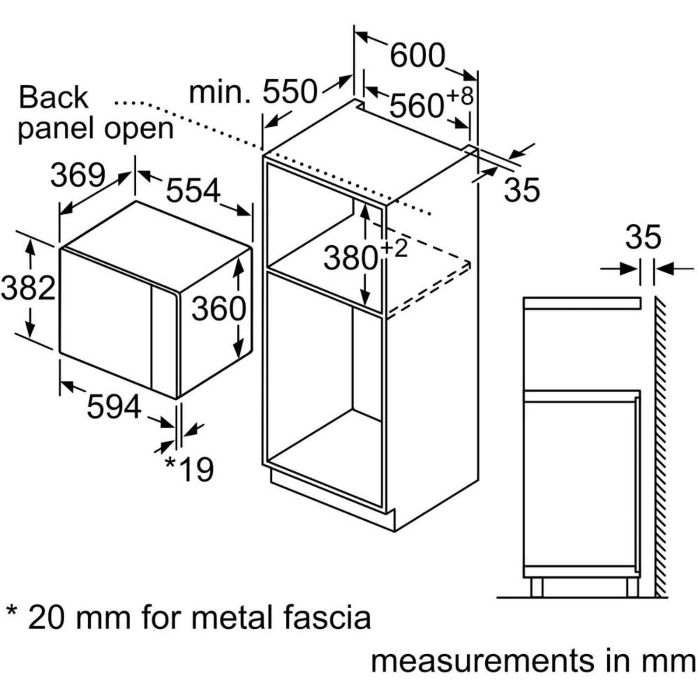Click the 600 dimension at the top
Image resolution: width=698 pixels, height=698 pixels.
(417, 56)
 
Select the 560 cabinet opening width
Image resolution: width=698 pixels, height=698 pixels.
(416, 106)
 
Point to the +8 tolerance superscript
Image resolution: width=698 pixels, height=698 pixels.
(460, 96)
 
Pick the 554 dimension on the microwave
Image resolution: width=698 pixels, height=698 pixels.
(193, 191)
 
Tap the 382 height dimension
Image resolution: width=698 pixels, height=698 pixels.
(28, 288)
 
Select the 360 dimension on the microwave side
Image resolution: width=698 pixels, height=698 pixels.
(219, 309)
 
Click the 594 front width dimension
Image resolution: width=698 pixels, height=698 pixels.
(114, 406)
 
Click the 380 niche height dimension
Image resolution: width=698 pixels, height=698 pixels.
(350, 258)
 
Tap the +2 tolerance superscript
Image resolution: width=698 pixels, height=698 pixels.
(395, 248)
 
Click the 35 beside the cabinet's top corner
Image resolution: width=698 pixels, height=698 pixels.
(522, 189)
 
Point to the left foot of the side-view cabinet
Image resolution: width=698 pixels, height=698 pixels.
(537, 587)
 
